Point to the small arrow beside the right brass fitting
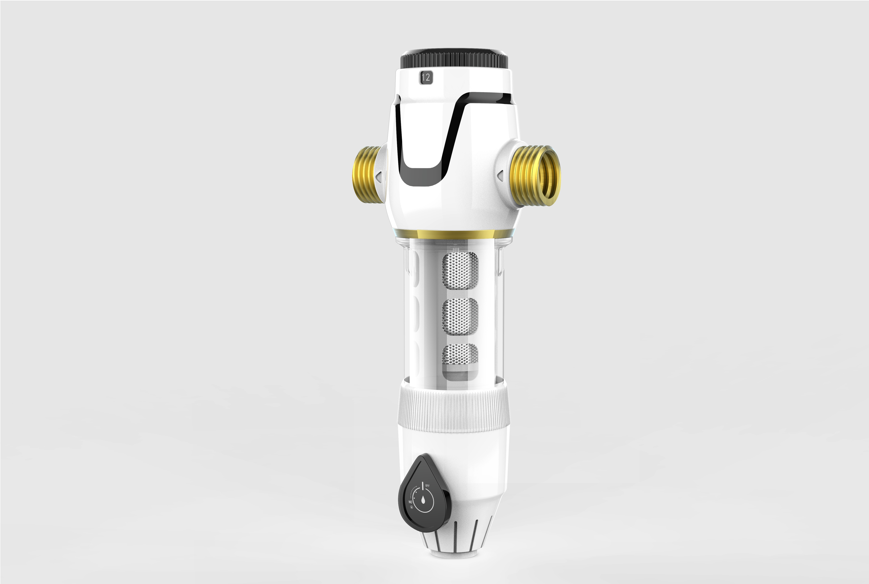500,175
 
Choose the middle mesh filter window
460,316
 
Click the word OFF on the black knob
427,486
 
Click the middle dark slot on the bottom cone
455,536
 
